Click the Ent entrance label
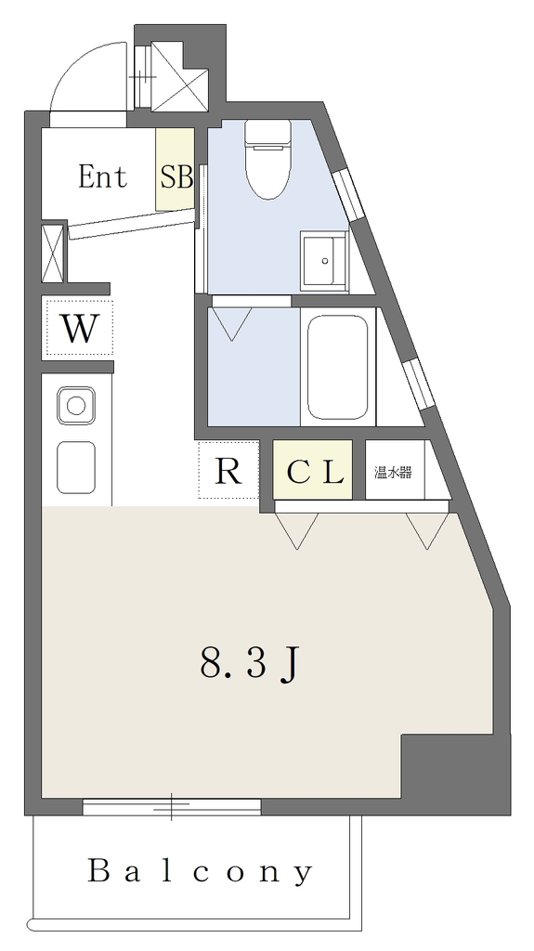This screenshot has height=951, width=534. [102, 176]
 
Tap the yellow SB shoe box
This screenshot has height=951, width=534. [175, 169]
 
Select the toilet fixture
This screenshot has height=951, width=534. [267, 159]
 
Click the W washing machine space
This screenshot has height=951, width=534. [80, 328]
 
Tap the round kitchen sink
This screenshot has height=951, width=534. [76, 405]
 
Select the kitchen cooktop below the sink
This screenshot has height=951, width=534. [76, 468]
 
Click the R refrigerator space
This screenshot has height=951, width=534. [228, 470]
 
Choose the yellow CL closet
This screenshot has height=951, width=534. [313, 470]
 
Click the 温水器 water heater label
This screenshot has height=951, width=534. [393, 472]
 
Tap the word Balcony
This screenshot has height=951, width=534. [201, 872]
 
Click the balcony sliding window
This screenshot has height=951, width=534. [172, 807]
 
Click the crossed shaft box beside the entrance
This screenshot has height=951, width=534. [52, 254]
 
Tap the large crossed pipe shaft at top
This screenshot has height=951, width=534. [179, 76]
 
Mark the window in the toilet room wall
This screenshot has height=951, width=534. [347, 194]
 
